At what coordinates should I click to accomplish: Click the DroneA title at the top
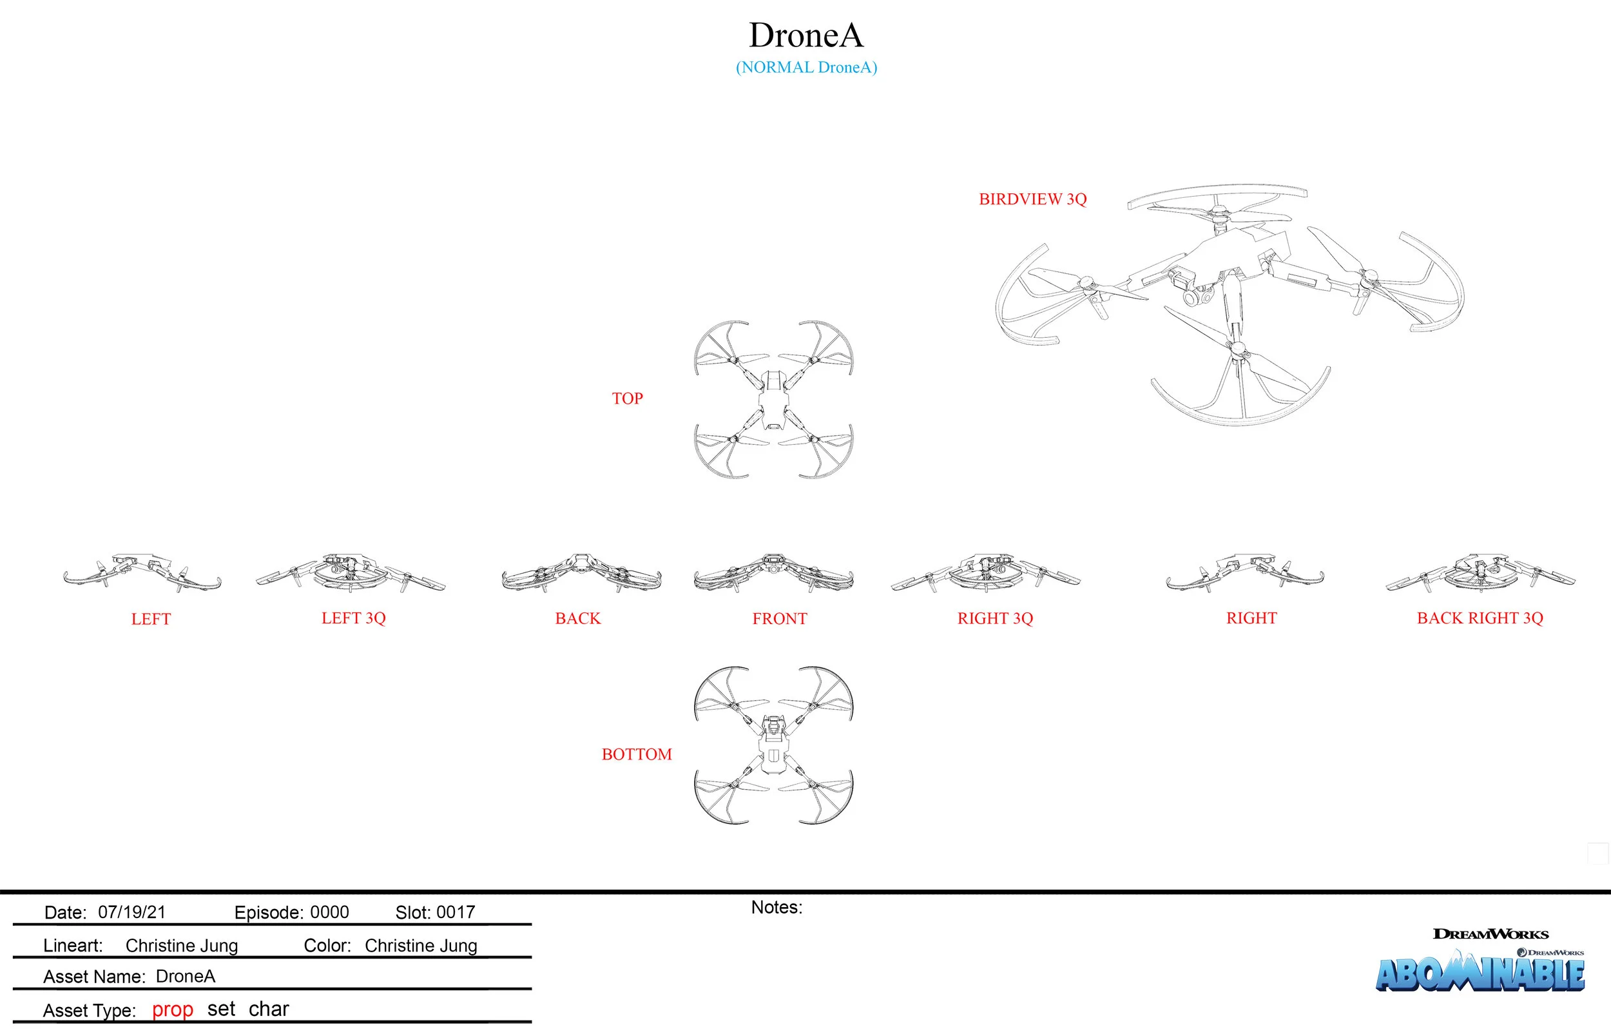point(805,35)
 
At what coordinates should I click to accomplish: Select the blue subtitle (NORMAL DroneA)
point(805,67)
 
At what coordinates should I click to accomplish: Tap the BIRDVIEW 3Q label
point(1032,199)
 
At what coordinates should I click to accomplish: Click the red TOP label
point(626,398)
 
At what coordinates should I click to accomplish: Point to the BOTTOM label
point(636,754)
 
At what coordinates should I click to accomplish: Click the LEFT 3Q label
point(353,618)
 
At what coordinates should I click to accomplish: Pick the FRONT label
point(779,618)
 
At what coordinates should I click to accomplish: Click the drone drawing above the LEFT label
point(142,574)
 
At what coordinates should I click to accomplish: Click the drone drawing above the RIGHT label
point(1244,574)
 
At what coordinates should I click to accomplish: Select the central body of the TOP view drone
point(773,400)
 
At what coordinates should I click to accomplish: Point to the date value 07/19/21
point(132,912)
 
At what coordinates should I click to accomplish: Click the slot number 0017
point(455,912)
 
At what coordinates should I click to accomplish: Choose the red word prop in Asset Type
point(172,1009)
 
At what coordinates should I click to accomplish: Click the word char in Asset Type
point(268,1009)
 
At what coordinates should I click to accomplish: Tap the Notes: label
point(776,907)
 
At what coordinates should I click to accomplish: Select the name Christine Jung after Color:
point(421,945)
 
